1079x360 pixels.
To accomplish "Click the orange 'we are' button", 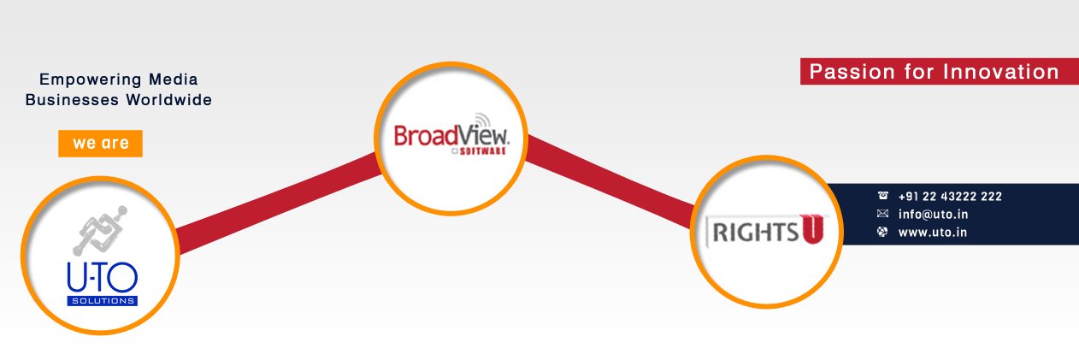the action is click(x=100, y=143).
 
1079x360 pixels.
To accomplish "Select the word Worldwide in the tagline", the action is click(x=169, y=100).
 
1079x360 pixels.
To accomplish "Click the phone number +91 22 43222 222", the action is click(x=950, y=196).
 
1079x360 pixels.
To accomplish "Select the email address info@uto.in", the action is click(x=933, y=214).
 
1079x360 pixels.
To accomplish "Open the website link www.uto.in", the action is click(x=933, y=233).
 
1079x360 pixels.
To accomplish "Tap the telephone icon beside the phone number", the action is click(x=882, y=195).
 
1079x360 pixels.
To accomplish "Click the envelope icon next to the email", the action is click(x=882, y=214).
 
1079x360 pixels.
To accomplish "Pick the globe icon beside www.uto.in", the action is click(x=882, y=232).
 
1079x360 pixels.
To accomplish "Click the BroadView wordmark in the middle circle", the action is click(x=451, y=135).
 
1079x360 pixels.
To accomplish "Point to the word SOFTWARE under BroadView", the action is click(x=482, y=151).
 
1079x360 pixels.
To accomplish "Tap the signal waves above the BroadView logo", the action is click(x=481, y=121).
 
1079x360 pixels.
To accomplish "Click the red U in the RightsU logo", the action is click(x=811, y=228).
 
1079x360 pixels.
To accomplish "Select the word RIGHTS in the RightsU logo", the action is click(x=756, y=233).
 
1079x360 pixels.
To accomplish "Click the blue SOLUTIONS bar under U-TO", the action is click(x=102, y=301).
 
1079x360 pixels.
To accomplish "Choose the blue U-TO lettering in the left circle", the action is click(x=102, y=277).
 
